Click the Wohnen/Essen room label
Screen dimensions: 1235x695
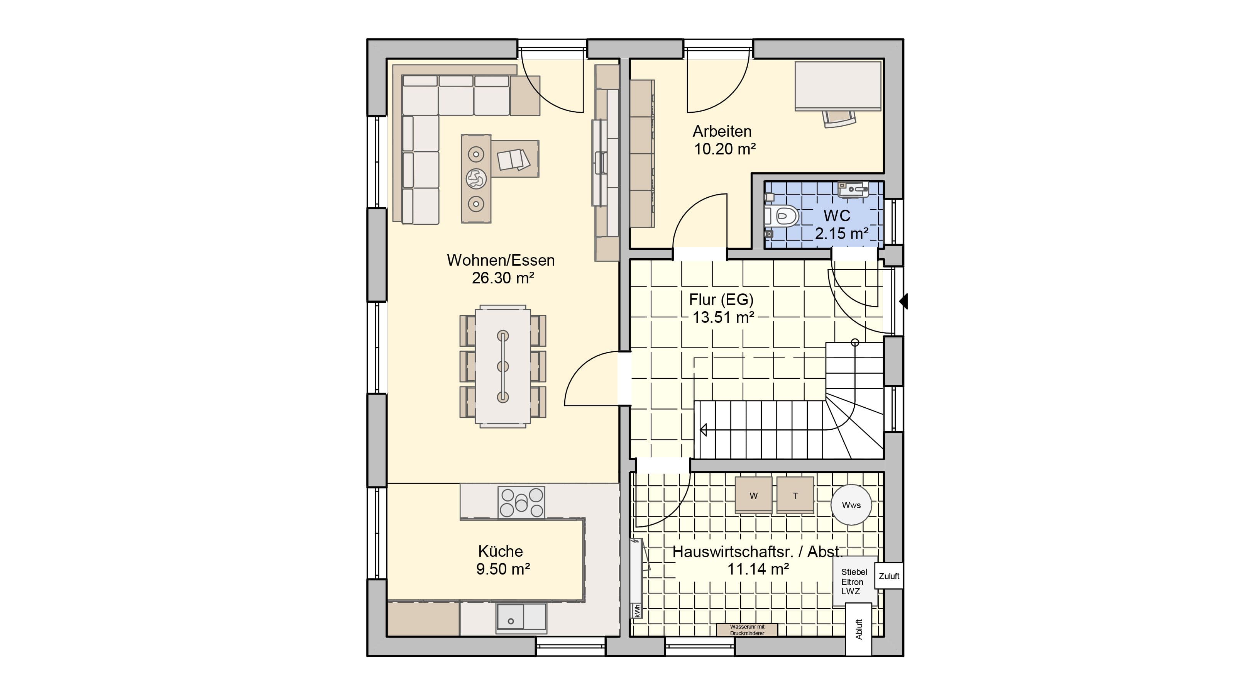501,260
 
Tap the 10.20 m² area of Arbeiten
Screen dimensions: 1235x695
724,149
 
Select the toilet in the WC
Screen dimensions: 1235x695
782,216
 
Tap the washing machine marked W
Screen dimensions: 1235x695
754,495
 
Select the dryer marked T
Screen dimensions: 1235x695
795,495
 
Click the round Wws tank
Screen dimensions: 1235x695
851,505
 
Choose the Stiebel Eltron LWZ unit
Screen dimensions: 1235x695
855,582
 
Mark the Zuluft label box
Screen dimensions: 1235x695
889,576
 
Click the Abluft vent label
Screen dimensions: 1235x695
859,629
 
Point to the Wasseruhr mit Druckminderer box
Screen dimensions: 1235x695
747,630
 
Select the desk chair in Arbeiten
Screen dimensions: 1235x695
839,118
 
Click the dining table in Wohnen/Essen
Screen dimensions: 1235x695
502,366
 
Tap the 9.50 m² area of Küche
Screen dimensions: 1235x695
503,569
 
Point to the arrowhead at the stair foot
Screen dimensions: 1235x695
703,430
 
